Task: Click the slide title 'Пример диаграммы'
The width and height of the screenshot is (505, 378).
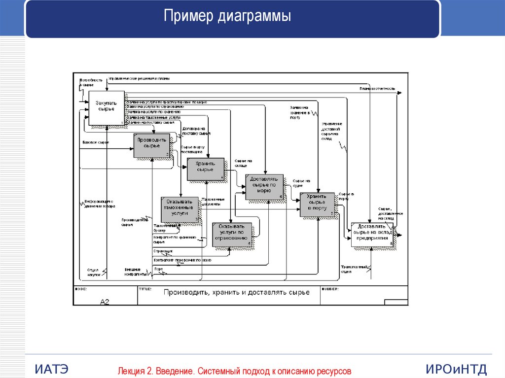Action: click(x=227, y=17)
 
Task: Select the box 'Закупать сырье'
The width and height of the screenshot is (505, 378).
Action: click(x=106, y=107)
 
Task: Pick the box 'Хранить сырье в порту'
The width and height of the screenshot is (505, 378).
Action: click(x=317, y=205)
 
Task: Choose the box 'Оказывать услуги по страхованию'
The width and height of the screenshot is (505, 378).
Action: click(x=232, y=235)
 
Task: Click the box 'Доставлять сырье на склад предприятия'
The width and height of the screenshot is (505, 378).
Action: click(x=372, y=234)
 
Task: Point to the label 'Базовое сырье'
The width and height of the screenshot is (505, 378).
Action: click(x=96, y=142)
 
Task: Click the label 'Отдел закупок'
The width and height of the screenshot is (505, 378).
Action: click(x=93, y=272)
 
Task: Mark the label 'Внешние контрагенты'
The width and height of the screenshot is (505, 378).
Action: click(x=135, y=272)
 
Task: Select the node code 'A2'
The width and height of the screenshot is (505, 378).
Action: click(x=104, y=301)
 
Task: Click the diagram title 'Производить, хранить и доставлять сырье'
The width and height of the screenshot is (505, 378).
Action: click(x=237, y=292)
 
